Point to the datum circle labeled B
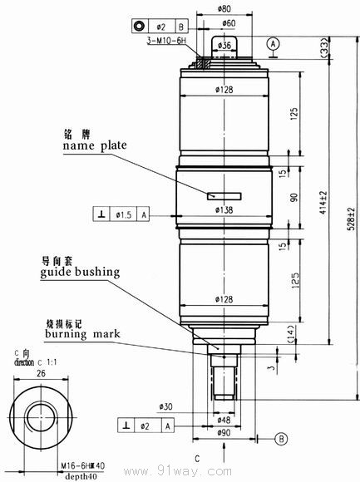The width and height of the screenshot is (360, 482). (281, 437)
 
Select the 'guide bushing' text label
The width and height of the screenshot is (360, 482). (84, 271)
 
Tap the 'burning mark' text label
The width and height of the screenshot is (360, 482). (82, 333)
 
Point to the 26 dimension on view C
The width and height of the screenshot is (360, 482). (39, 374)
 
